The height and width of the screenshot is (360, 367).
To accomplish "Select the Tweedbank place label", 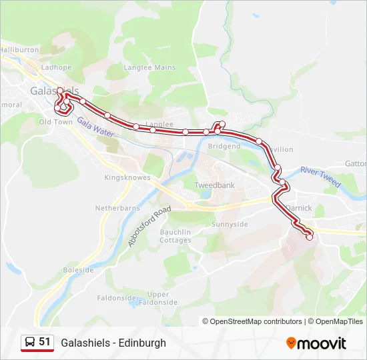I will click(214, 185).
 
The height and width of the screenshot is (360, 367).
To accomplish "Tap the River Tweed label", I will click(320, 176).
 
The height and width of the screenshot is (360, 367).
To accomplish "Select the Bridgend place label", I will click(224, 146).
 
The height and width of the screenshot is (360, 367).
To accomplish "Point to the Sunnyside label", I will click(230, 225).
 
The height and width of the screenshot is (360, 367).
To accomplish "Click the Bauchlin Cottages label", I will click(175, 236).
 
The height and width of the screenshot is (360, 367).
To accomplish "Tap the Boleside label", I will click(78, 270).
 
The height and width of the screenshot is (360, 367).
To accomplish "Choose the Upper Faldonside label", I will click(159, 298).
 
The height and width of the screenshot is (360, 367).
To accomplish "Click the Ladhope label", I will click(56, 67).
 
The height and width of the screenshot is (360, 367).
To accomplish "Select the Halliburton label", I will click(19, 50).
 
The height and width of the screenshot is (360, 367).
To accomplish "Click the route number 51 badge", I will click(37, 342).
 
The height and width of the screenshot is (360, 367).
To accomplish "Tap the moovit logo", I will click(316, 343).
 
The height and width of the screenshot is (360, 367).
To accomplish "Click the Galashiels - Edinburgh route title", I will click(113, 343).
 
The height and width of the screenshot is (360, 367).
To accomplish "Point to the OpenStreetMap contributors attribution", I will click(252, 321).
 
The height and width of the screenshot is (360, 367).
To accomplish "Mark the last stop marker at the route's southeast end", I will click(310, 237).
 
